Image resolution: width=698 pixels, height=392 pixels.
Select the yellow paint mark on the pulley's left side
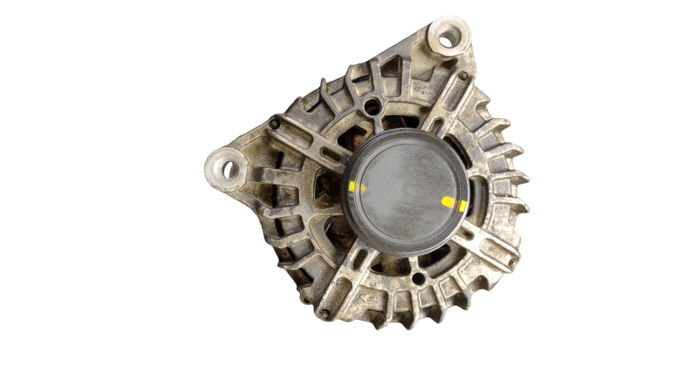(357, 187)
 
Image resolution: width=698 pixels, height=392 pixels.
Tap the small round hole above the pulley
(370, 103)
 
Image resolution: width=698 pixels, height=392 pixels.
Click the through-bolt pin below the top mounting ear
(463, 75)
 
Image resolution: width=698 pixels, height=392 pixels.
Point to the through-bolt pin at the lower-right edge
(512, 263)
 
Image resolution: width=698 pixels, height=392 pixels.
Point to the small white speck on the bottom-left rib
(337, 284)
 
